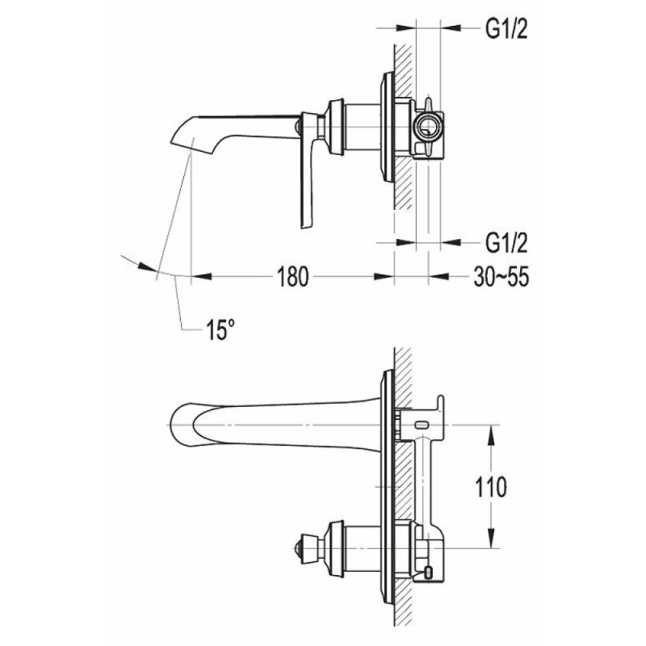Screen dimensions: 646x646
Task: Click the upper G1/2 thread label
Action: click(506, 29)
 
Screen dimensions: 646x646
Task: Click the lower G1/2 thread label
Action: click(506, 243)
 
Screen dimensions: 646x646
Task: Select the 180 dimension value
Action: click(292, 276)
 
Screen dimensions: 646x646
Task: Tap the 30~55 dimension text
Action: click(501, 276)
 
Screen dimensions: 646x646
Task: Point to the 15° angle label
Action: click(220, 329)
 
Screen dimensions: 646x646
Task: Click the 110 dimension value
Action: click(491, 488)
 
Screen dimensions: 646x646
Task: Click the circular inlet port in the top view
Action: click(429, 127)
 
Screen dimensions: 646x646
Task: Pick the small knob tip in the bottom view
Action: click(297, 548)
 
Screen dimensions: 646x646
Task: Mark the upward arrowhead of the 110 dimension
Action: click(491, 434)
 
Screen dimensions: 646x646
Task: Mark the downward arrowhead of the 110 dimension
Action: click(491, 538)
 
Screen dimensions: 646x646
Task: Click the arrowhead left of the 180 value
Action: click(201, 276)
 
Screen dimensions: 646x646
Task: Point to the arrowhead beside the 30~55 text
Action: click(438, 276)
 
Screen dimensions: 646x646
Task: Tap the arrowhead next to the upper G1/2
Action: click(451, 28)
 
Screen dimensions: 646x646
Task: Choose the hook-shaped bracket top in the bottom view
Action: click(440, 403)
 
